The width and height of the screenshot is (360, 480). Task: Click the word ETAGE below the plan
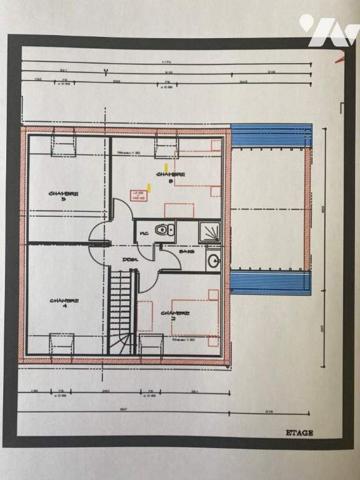click(299, 432)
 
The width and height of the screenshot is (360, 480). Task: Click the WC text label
click(145, 233)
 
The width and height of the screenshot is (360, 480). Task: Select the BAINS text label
click(187, 252)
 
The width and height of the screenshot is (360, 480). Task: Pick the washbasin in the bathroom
click(213, 260)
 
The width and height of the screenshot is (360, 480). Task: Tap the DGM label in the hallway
click(131, 260)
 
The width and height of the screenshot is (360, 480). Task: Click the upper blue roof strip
click(271, 136)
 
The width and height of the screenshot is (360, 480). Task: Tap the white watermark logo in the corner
click(327, 30)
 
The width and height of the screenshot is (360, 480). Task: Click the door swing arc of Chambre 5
click(100, 233)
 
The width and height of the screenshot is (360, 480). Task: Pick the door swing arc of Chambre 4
click(100, 256)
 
